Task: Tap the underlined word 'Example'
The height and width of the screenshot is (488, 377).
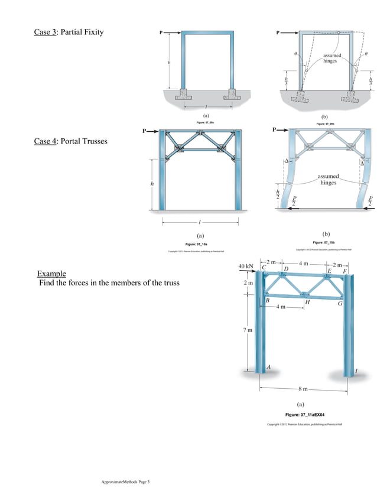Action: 51,274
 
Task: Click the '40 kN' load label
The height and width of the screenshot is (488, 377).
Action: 246,266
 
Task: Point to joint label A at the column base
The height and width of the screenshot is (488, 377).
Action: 269,367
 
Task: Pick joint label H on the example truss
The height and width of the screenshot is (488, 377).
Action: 307,302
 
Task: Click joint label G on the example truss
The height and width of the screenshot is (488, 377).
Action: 340,304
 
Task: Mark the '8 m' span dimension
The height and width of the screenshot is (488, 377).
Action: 303,389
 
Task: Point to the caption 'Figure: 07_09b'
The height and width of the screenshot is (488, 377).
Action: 324,124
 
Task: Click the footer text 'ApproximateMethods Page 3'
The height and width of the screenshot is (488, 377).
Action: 126,482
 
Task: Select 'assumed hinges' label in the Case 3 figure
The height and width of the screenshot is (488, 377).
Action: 331,58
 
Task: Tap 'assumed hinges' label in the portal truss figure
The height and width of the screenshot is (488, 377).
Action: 329,179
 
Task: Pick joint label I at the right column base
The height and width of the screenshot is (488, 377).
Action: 356,371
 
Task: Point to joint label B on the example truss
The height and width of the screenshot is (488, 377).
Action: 268,301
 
